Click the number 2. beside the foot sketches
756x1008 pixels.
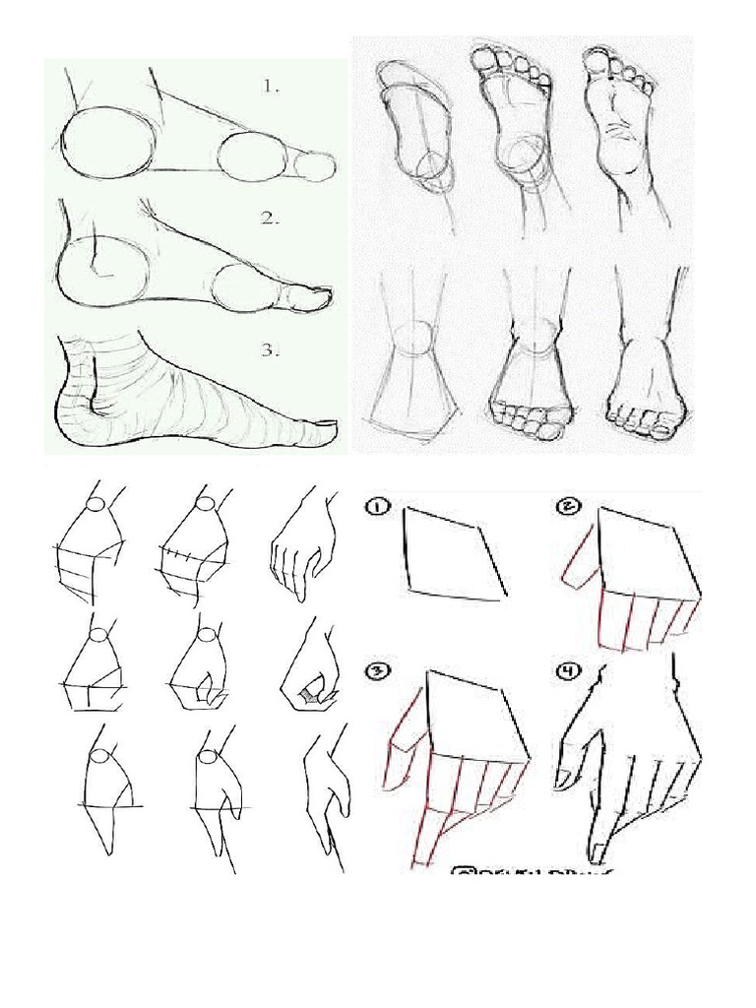point(271,220)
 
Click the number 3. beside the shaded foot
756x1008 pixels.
point(271,350)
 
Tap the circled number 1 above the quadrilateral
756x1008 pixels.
point(378,508)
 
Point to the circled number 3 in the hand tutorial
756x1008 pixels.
point(378,672)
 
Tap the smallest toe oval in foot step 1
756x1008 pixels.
point(315,166)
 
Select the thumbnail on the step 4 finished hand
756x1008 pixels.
point(564,779)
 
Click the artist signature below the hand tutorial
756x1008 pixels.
point(532,872)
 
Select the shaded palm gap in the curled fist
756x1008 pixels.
point(311,697)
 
